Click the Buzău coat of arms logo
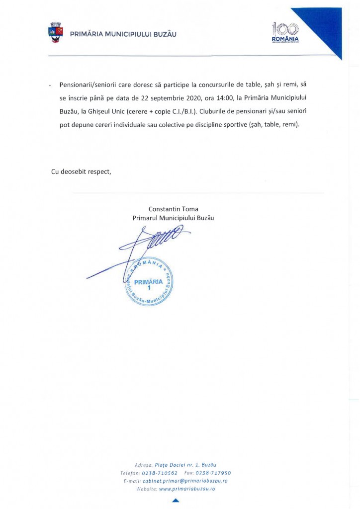click(x=55, y=32)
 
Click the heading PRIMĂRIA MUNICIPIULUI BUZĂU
click(x=123, y=34)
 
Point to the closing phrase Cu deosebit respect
click(x=82, y=171)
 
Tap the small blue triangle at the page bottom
click(x=175, y=501)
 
